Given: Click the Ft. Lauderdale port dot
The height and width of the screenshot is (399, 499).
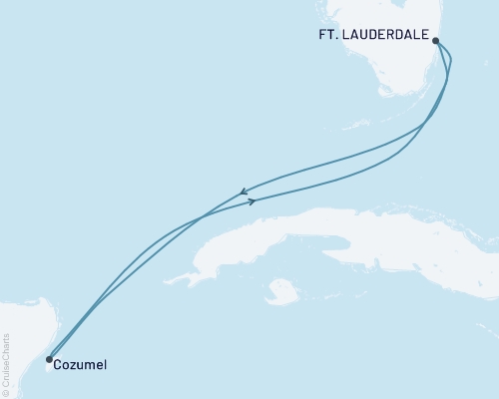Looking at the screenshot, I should (435, 41).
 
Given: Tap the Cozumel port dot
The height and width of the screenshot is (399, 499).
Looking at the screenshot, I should (49, 359).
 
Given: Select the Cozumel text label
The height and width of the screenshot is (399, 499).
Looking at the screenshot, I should (81, 365).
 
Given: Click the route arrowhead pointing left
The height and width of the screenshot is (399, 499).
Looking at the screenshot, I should (244, 193).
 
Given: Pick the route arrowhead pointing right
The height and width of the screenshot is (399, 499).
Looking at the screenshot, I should (252, 201).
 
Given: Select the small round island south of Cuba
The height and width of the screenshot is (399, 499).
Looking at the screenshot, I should (284, 291).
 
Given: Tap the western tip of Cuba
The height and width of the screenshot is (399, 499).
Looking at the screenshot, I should (194, 276).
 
